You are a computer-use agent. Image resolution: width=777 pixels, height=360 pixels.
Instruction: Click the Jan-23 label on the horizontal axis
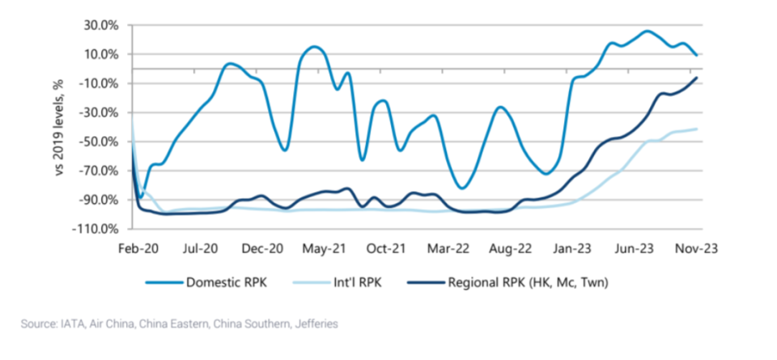573,248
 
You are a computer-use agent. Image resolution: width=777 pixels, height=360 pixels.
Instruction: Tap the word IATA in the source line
72,324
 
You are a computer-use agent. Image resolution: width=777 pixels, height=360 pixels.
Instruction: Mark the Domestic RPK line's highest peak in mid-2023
647,32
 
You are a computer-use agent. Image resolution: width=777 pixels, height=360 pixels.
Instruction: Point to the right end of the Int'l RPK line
697,129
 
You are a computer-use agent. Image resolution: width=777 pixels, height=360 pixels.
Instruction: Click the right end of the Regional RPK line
697,78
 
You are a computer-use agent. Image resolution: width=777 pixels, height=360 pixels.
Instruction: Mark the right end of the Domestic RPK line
697,55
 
